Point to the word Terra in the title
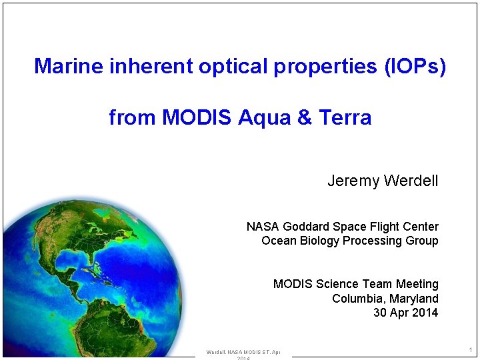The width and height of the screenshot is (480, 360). tap(345, 118)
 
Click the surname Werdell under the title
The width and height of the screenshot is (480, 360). tap(411, 181)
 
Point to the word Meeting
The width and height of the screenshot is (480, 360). tap(417, 284)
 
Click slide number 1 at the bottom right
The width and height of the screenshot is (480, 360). tap(470, 350)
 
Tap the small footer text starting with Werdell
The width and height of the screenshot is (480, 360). tap(243, 352)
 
